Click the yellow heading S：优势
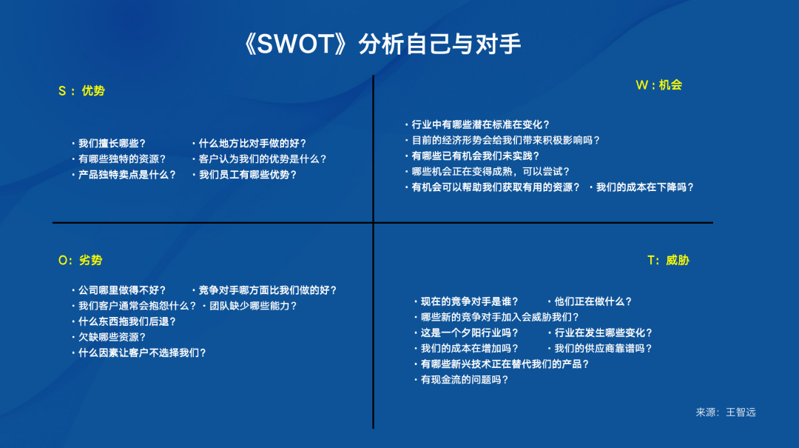tap(81, 91)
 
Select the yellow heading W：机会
tap(659, 85)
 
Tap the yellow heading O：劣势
tap(81, 260)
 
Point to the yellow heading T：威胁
tap(668, 260)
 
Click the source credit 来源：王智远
tap(726, 412)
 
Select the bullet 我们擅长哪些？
tap(109, 144)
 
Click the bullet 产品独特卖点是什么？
tap(124, 175)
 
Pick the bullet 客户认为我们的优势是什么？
tap(260, 159)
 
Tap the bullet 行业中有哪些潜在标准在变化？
tap(477, 124)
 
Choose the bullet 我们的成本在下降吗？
tap(641, 187)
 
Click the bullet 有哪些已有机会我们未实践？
tap(472, 156)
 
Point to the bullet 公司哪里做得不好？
tap(118, 290)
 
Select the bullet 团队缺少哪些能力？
tap(250, 306)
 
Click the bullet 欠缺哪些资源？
tap(109, 337)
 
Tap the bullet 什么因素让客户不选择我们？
tap(139, 353)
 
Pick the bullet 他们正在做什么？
tap(590, 301)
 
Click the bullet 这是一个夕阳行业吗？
tap(466, 333)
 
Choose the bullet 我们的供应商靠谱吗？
tap(600, 349)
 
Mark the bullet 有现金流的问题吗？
tap(461, 380)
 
